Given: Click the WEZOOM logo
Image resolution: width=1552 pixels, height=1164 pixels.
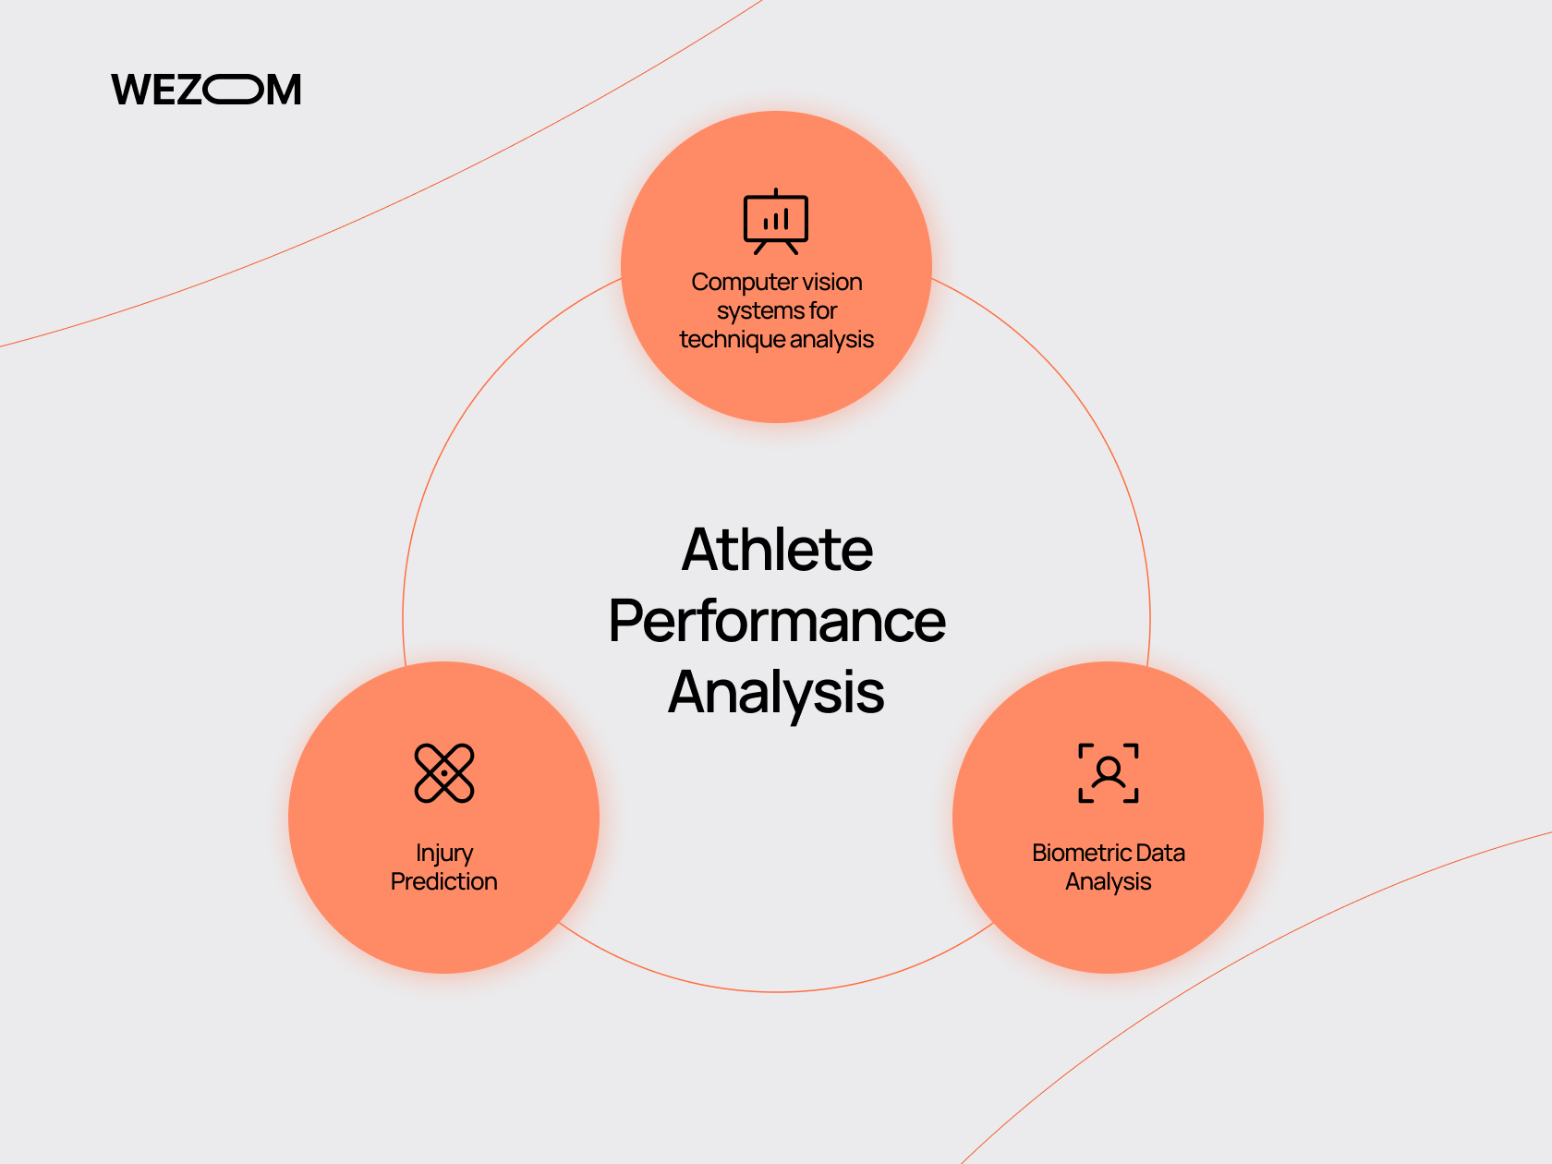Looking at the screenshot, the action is pos(206,90).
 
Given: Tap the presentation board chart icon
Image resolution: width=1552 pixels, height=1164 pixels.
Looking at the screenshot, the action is pos(776,221).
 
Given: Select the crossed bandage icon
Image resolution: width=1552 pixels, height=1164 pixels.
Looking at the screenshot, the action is pos(444,773).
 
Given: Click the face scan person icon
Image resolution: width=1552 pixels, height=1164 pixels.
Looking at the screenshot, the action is pos(1108,773).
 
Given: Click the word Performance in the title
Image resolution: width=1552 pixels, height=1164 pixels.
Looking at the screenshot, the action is pos(776,621).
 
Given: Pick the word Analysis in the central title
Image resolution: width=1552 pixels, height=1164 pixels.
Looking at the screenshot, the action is pos(776,693).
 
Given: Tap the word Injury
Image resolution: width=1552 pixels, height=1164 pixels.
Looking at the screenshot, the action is pos(444,854).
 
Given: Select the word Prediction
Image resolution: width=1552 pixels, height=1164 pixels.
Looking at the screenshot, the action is pos(444,881).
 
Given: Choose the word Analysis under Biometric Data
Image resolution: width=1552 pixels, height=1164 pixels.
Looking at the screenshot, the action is pos(1108,882).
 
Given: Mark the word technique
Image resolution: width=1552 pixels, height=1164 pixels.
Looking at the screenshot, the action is pos(732,340).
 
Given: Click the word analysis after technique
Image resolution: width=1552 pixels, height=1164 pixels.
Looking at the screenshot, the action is pos(832,340).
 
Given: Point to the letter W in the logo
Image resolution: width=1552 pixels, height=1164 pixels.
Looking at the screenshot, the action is pos(130,90).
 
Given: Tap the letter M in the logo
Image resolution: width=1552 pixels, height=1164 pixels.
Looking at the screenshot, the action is pos(285,90).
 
